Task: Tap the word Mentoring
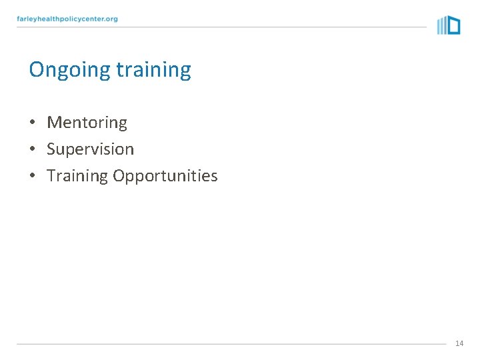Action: [87, 123]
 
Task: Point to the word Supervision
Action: [90, 149]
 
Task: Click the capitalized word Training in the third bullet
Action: [77, 176]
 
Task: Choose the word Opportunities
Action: [165, 176]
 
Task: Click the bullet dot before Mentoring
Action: [32, 123]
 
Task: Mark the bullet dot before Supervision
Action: [32, 150]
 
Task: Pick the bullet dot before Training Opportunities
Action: [32, 177]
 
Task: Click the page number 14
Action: [459, 343]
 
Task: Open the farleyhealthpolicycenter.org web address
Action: [67, 19]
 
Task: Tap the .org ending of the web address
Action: [110, 19]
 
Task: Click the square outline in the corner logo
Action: [453, 25]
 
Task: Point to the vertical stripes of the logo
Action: [441, 26]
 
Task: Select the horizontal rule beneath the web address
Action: [220, 27]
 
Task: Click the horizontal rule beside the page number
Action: [230, 344]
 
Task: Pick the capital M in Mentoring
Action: [53, 123]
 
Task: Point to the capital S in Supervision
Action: [51, 149]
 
